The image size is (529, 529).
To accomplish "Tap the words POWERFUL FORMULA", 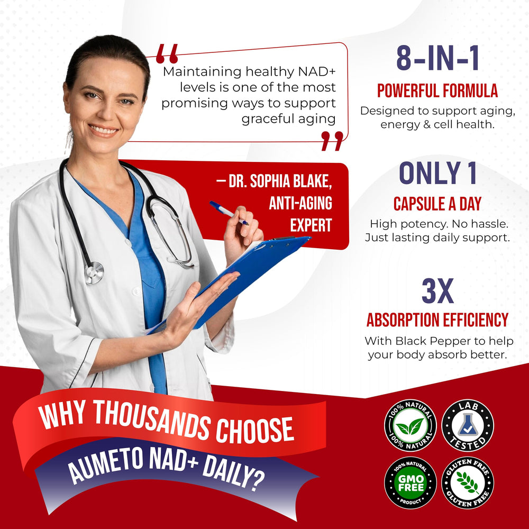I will click(x=437, y=91).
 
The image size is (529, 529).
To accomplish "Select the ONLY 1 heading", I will click(x=437, y=174).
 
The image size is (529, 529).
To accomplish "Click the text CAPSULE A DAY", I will click(x=437, y=204).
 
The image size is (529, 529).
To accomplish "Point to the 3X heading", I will click(x=437, y=291).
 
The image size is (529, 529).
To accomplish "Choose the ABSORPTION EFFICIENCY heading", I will click(x=437, y=320).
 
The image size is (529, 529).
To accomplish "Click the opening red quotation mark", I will click(x=167, y=53).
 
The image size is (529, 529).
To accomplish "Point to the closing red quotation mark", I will click(x=332, y=141).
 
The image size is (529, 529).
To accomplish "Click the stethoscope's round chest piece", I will click(x=94, y=272).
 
